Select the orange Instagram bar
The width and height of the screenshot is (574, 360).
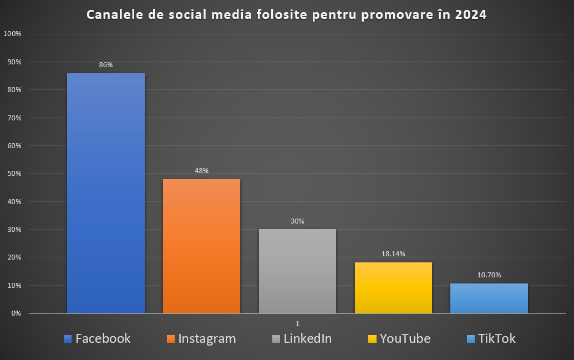click(x=201, y=246)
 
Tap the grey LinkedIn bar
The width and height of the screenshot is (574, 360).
click(x=297, y=271)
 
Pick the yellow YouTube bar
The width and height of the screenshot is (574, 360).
click(x=393, y=288)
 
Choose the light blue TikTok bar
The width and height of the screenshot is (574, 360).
click(x=489, y=298)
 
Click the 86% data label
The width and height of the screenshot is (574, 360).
click(x=106, y=65)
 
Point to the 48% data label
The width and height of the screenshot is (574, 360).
click(x=201, y=171)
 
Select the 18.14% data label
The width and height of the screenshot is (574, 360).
click(x=393, y=254)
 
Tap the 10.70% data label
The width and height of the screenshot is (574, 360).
click(x=489, y=275)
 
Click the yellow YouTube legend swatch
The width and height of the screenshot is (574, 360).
click(x=373, y=338)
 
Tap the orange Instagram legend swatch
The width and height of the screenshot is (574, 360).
click(x=171, y=338)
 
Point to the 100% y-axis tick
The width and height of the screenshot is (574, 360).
click(x=12, y=34)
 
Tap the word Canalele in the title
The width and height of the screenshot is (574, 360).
click(x=114, y=15)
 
